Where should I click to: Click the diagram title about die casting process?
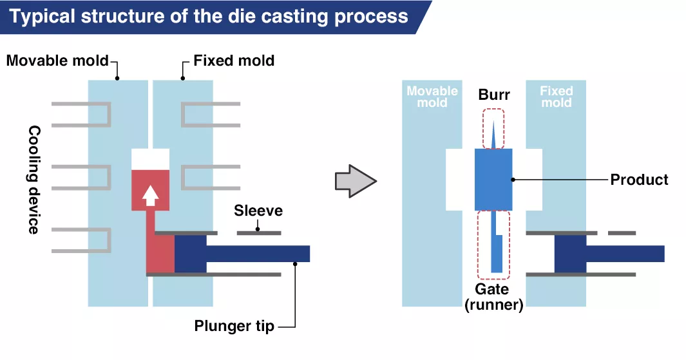[x=209, y=16]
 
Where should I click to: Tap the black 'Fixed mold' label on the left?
[x=234, y=61]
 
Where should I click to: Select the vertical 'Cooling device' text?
[x=34, y=180]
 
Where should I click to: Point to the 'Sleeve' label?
[x=258, y=211]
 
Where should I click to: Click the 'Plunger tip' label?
[x=234, y=327]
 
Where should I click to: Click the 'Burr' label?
[x=493, y=95]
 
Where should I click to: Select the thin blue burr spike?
[x=493, y=135]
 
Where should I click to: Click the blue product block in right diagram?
[x=493, y=180]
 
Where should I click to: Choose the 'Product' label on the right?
[x=639, y=180]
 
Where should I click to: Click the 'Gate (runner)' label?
[x=493, y=298]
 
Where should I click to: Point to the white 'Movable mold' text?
[x=432, y=97]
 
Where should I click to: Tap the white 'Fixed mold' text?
[x=556, y=97]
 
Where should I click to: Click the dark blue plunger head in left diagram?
[x=190, y=254]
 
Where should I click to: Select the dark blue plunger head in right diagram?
[x=570, y=254]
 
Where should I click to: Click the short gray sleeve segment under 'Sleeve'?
[x=259, y=232]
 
